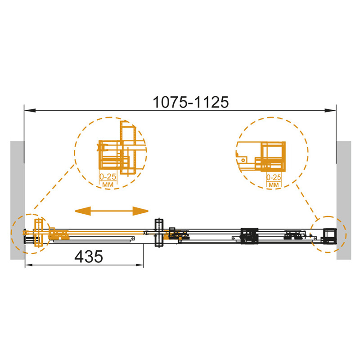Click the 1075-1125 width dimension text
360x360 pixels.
(191, 102)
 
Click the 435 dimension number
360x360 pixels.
(89, 256)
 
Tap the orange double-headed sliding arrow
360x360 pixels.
(112, 211)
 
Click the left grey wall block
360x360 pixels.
(17, 200)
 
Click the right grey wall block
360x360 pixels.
(344, 200)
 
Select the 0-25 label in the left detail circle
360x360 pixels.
(108, 176)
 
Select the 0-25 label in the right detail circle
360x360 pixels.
(274, 177)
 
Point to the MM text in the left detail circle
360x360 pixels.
(108, 184)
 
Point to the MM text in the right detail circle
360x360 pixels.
(274, 184)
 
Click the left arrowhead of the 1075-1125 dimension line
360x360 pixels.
(30, 110)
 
